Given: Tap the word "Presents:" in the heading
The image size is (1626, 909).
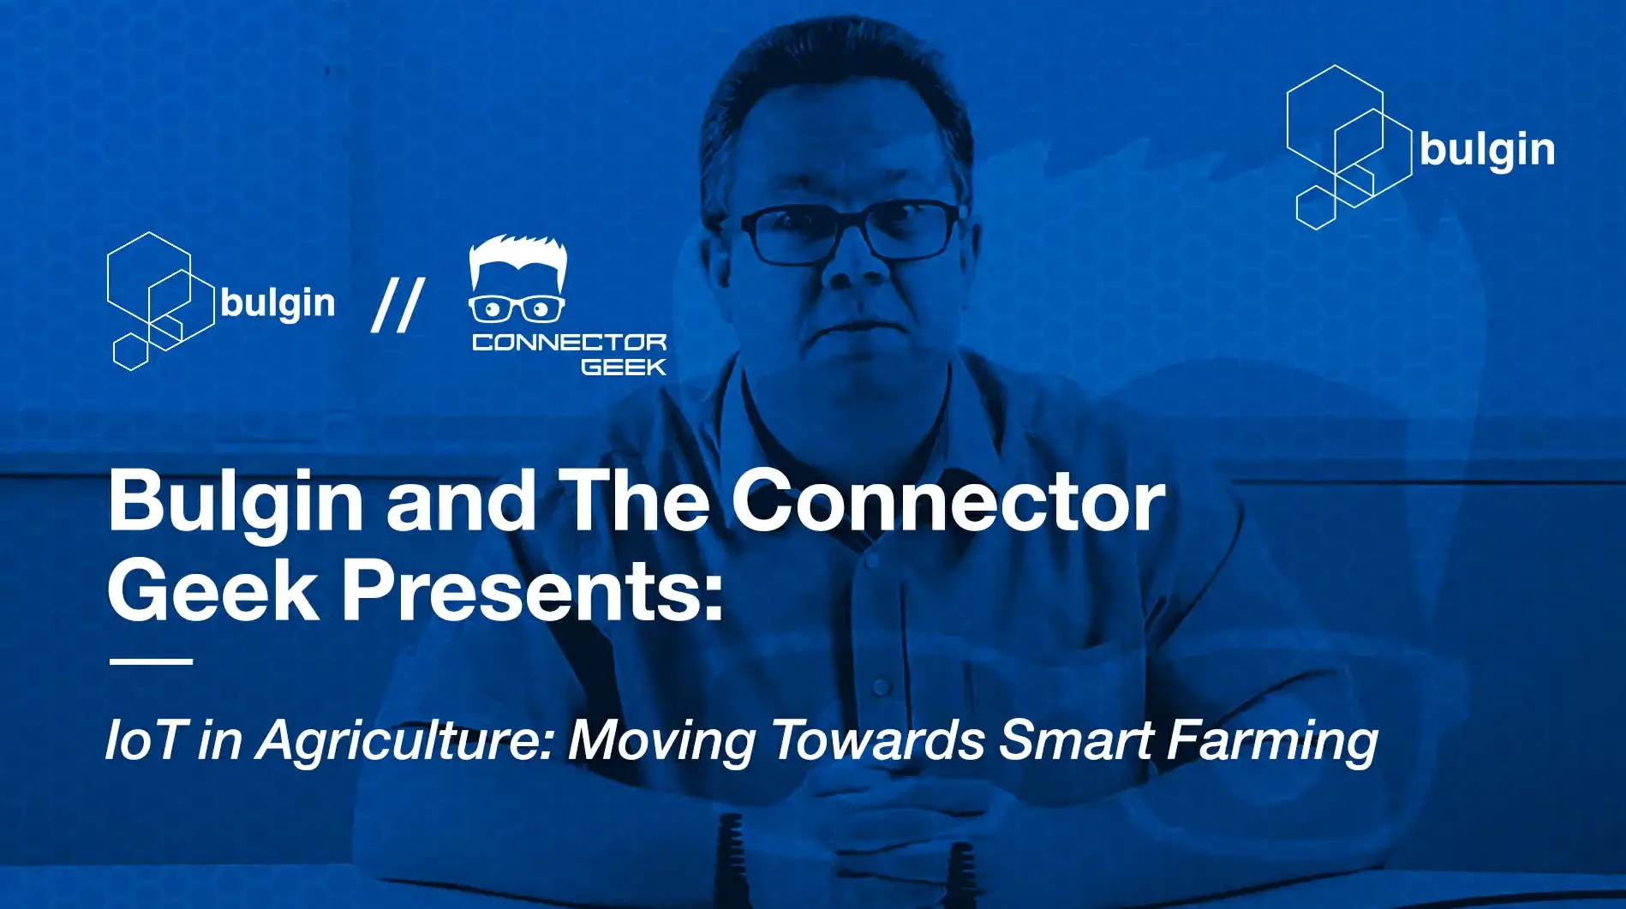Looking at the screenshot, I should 533,592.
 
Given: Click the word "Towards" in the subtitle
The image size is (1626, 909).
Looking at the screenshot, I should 877,739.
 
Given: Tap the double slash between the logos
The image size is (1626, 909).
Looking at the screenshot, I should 398,306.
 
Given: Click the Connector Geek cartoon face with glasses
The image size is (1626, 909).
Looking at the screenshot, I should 517,281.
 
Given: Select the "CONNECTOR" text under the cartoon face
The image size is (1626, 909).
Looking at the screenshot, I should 569,343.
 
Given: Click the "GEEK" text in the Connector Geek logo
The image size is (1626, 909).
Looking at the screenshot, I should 623,367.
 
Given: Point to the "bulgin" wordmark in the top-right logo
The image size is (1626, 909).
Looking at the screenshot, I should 1486,151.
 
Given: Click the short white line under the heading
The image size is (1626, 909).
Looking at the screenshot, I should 151,661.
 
